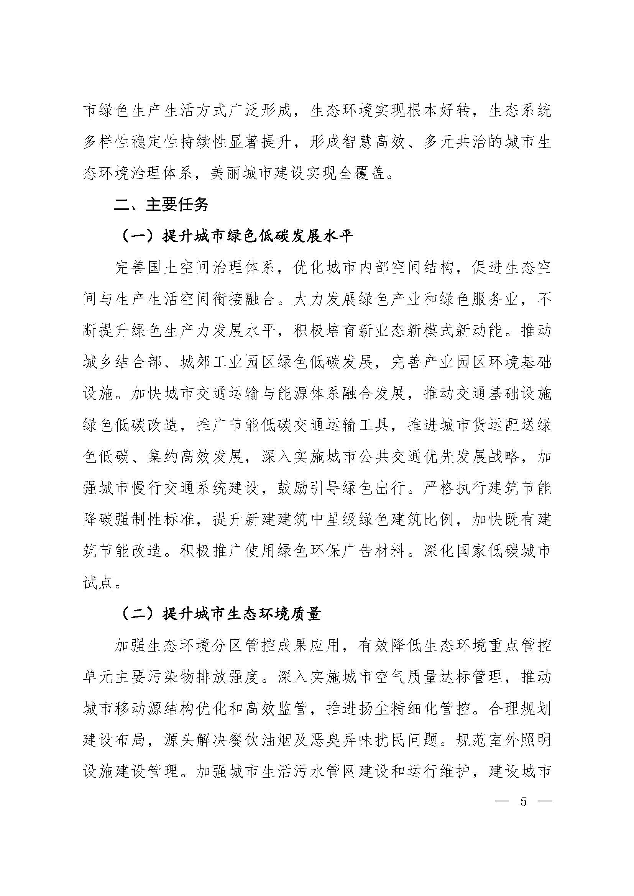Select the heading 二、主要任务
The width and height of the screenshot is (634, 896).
pyautogui.click(x=161, y=205)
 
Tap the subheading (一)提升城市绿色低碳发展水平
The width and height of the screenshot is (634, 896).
pyautogui.click(x=238, y=236)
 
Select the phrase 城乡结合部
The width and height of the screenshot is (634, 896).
pyautogui.click(x=123, y=362)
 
